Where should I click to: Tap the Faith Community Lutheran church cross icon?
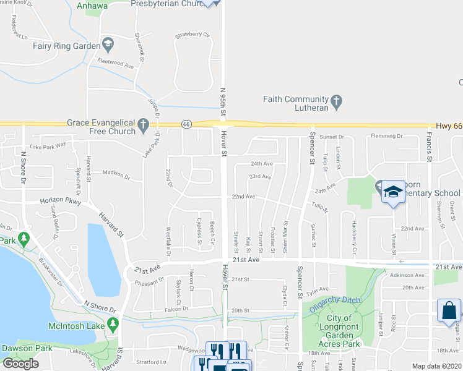pyautogui.click(x=337, y=101)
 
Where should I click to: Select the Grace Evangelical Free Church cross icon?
pyautogui.click(x=143, y=126)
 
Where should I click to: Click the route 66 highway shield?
pyautogui.click(x=186, y=124)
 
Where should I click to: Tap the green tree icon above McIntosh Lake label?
pyautogui.click(x=112, y=323)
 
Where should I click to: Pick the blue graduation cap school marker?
pyautogui.click(x=392, y=192)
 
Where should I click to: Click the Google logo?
pyautogui.click(x=20, y=364)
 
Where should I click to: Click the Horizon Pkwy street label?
pyautogui.click(x=61, y=202)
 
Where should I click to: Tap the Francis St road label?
pyautogui.click(x=428, y=148)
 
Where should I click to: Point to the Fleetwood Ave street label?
pyautogui.click(x=116, y=63)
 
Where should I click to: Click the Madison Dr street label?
pyautogui.click(x=116, y=174)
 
